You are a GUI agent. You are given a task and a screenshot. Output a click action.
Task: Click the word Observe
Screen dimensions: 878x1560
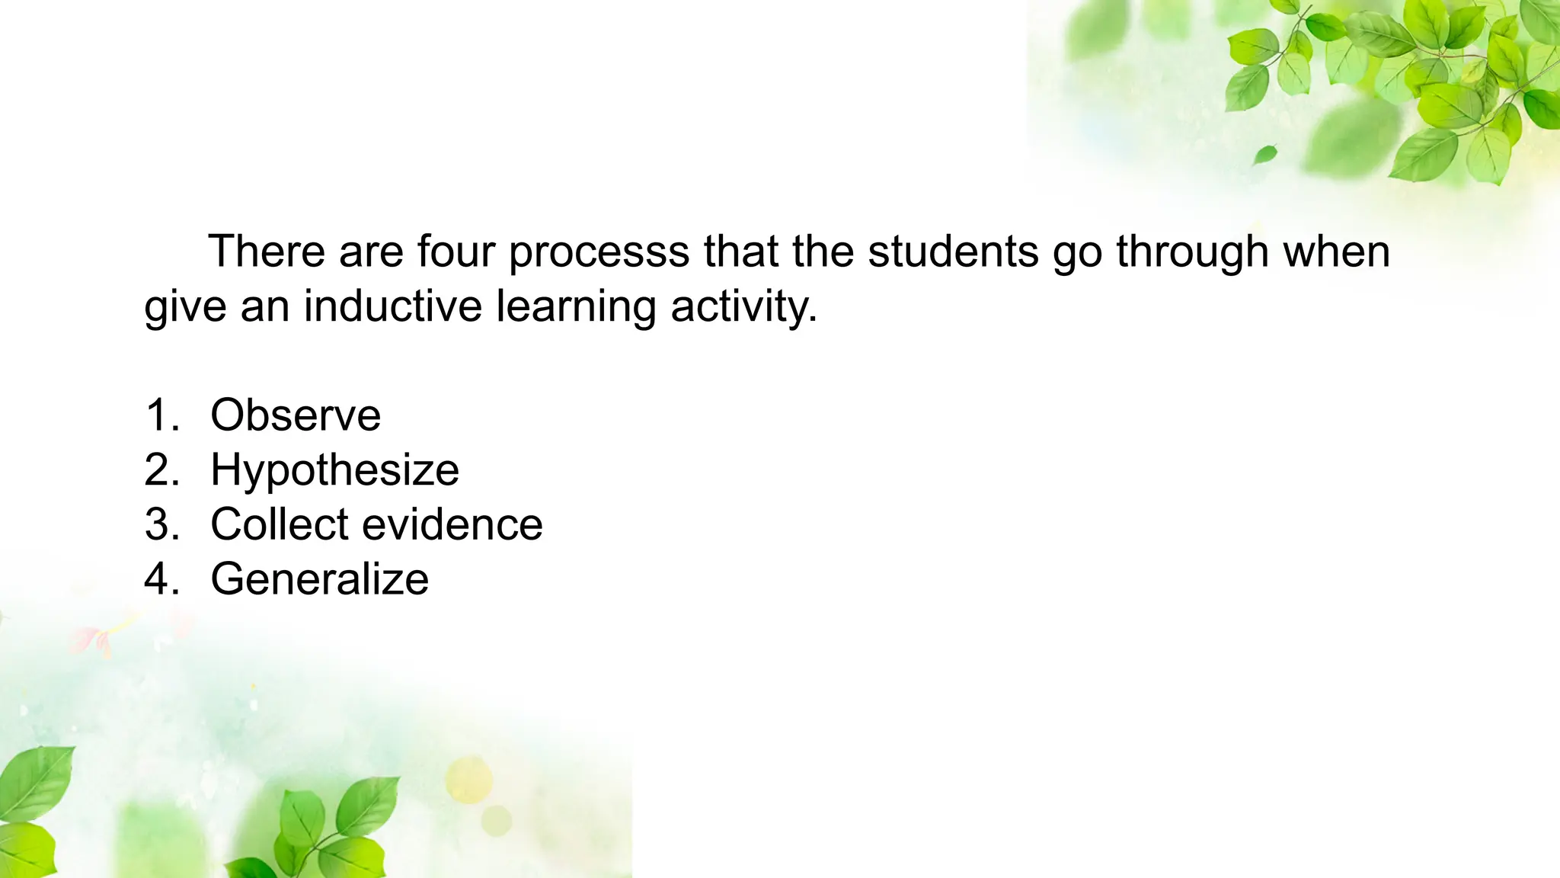click(296, 415)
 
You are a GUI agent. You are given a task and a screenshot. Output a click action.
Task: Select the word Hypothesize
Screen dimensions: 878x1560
click(334, 470)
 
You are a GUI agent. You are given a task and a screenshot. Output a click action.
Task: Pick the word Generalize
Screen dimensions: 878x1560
click(319, 579)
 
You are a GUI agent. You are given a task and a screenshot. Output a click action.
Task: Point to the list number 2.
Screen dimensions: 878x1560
click(161, 470)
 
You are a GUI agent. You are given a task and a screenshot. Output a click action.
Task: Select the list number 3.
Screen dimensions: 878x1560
click(161, 524)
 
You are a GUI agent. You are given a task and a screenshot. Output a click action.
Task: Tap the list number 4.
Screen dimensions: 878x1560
click(161, 579)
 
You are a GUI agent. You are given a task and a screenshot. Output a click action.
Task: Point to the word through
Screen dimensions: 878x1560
click(1193, 253)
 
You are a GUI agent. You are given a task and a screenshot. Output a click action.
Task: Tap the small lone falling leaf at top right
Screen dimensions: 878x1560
click(1265, 155)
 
